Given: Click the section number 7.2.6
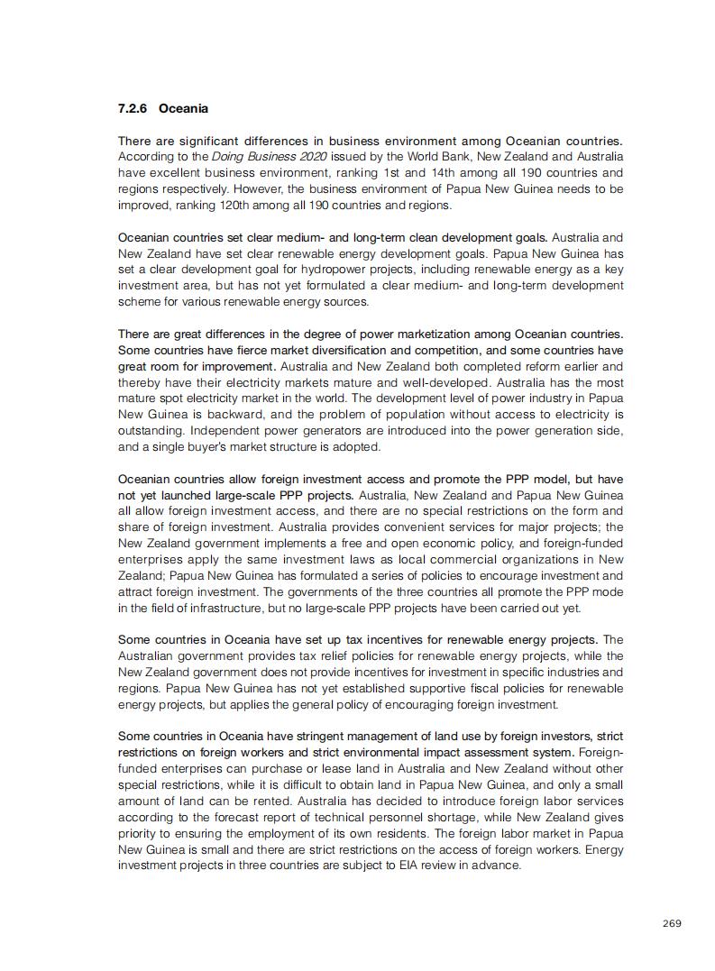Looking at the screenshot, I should click(133, 109).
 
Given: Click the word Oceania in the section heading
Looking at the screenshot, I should click(183, 109).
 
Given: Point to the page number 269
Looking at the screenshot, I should click(672, 923).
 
